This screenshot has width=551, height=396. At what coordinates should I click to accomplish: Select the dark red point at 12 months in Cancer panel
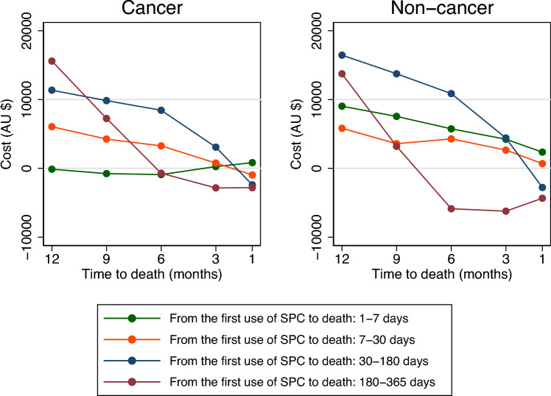(52, 61)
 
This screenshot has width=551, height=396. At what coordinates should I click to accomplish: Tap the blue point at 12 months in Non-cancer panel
(342, 55)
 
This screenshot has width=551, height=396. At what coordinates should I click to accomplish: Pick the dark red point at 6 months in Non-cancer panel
(451, 209)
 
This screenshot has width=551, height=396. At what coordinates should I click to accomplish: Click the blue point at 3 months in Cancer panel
(216, 147)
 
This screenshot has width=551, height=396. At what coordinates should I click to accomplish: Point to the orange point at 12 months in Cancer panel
(52, 127)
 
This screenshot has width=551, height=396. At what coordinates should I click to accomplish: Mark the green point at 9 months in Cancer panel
(107, 174)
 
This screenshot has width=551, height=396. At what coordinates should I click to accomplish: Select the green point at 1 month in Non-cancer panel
(542, 152)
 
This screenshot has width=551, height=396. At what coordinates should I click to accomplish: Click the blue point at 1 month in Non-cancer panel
(542, 188)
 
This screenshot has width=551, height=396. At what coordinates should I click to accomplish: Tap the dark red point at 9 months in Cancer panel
(107, 119)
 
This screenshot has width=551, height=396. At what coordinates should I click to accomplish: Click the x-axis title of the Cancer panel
(152, 274)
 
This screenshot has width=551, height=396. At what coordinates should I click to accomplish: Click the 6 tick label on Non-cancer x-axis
(451, 258)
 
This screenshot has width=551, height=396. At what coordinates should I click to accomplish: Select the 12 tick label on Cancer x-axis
(52, 258)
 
